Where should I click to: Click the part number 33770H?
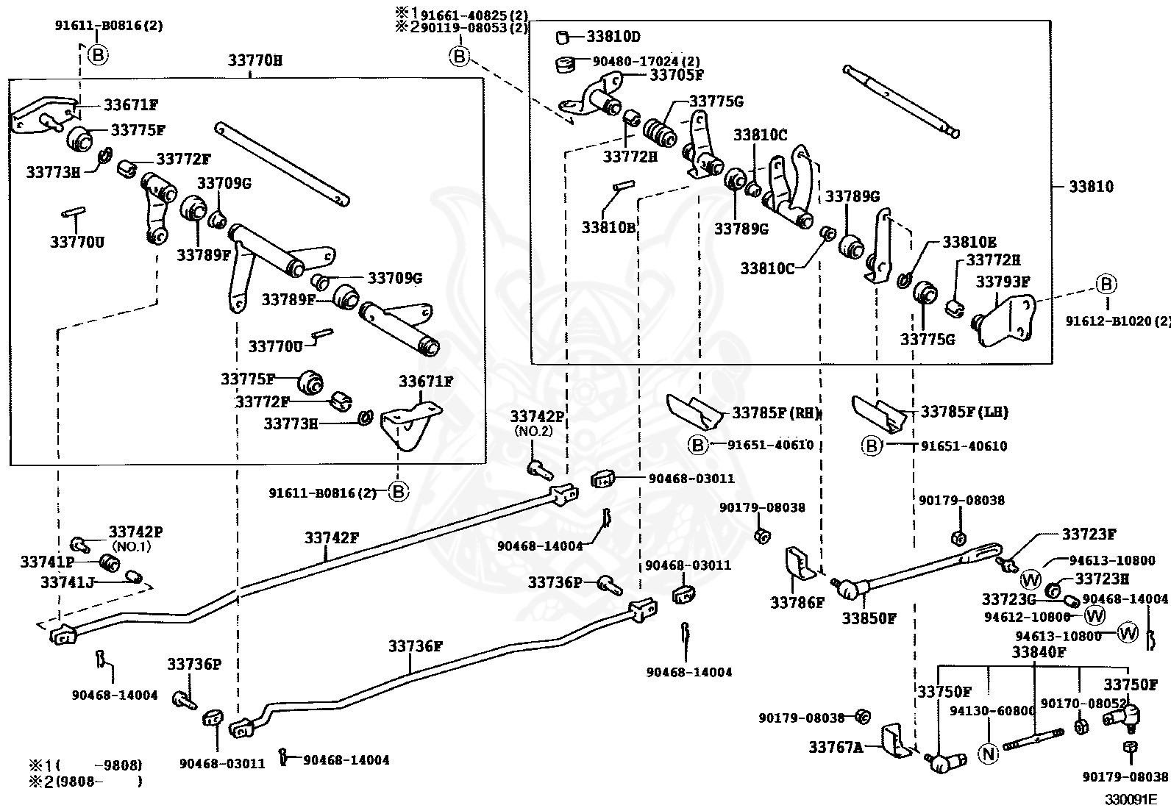click(255, 60)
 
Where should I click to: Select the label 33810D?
click(613, 37)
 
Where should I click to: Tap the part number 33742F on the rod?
click(332, 537)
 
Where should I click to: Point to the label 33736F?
click(415, 646)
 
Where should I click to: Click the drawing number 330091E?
click(1130, 799)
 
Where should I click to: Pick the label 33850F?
click(869, 619)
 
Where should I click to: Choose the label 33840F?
click(1039, 652)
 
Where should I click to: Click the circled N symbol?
click(988, 754)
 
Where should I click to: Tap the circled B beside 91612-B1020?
click(1106, 284)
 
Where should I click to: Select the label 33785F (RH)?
click(775, 413)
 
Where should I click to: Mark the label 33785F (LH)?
click(964, 412)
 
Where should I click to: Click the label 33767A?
click(836, 748)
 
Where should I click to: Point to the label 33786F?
click(797, 603)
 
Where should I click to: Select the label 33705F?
click(677, 75)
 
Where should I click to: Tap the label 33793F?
click(1003, 282)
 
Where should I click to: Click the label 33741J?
click(68, 582)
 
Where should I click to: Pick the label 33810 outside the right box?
click(1091, 187)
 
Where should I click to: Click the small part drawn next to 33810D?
click(563, 37)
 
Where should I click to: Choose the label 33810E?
click(969, 242)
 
